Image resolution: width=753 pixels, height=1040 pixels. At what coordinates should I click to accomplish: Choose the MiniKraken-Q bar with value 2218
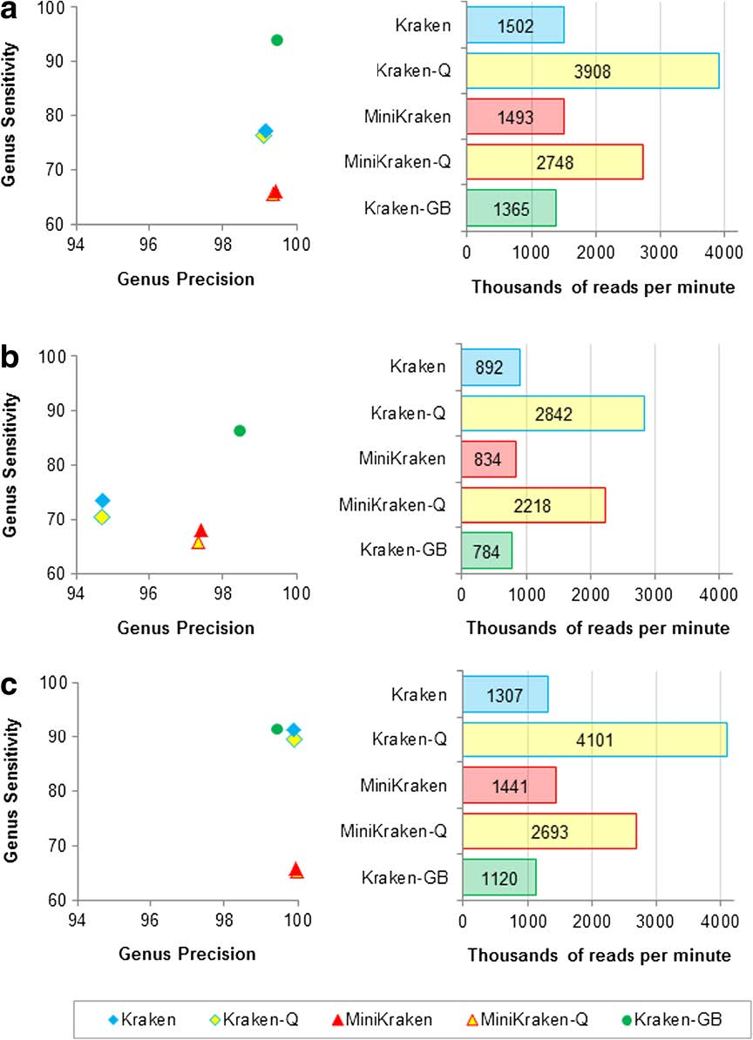coord(533,505)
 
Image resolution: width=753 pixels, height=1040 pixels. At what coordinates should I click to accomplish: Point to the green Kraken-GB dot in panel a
coord(277,40)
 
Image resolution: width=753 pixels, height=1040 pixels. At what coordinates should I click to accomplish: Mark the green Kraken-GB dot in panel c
coord(277,729)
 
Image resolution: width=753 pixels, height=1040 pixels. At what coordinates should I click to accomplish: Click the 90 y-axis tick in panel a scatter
coord(52,61)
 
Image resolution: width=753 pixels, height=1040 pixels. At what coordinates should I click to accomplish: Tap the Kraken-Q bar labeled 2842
coord(553,413)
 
